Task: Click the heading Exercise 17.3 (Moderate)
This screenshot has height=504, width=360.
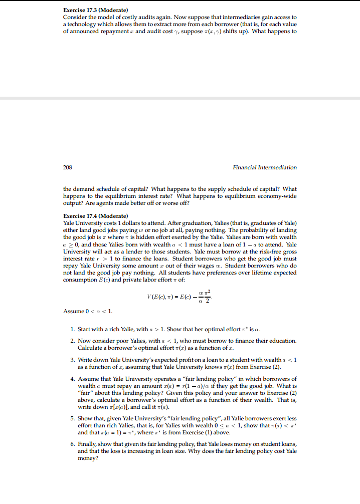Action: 96,11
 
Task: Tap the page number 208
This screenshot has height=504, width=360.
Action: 68,167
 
